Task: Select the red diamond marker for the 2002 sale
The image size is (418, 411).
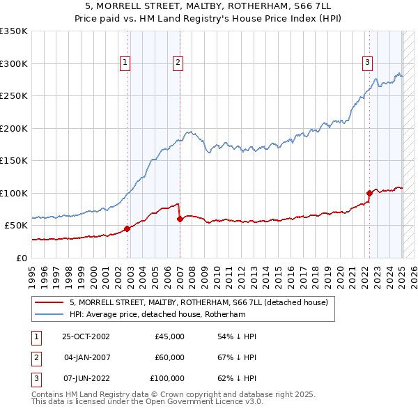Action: tap(127, 228)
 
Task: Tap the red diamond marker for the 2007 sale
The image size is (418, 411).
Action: tap(180, 219)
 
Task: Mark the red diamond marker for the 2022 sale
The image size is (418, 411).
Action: tap(369, 193)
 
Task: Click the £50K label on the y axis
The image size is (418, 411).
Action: tap(16, 225)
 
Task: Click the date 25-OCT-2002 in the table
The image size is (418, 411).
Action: tap(86, 336)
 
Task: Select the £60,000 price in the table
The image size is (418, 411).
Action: tap(169, 357)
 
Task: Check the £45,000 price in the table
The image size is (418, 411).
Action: tap(169, 336)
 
